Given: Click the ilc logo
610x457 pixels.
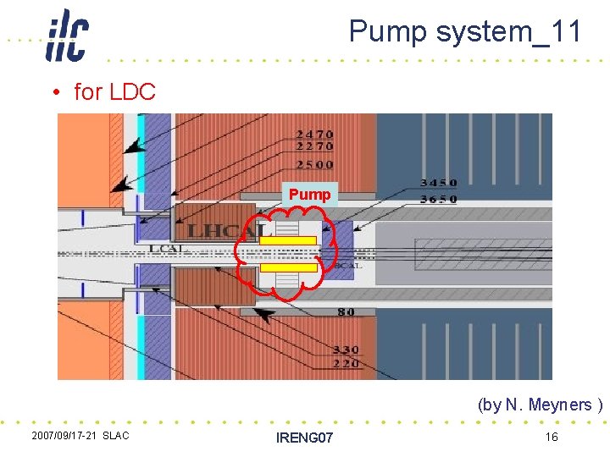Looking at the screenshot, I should pyautogui.click(x=67, y=35).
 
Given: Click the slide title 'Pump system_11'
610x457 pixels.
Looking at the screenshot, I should pyautogui.click(x=465, y=32).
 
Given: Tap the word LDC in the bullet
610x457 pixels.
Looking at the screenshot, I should pyautogui.click(x=132, y=91).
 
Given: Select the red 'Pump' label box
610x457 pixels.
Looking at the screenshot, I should pyautogui.click(x=309, y=195).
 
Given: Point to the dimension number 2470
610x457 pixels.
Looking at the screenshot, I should pyautogui.click(x=314, y=135).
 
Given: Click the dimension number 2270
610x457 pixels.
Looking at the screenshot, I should pyautogui.click(x=314, y=148).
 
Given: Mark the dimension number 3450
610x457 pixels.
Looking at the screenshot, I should pyautogui.click(x=438, y=183).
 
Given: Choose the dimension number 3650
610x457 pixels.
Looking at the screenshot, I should pyautogui.click(x=438, y=199).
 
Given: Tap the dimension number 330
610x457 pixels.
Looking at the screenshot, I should pyautogui.click(x=345, y=349).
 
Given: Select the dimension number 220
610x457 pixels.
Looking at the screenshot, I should pyautogui.click(x=345, y=363).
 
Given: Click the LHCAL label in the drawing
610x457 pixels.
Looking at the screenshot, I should pyautogui.click(x=227, y=231).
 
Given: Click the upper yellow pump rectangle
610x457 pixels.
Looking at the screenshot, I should pyautogui.click(x=288, y=241).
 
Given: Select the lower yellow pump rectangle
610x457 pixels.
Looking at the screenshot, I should pyautogui.click(x=288, y=267).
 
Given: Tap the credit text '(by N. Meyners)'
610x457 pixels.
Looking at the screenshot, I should pyautogui.click(x=540, y=405).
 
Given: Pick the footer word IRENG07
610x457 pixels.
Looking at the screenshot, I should pyautogui.click(x=305, y=437).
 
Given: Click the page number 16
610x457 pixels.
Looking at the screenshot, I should pyautogui.click(x=551, y=436).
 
